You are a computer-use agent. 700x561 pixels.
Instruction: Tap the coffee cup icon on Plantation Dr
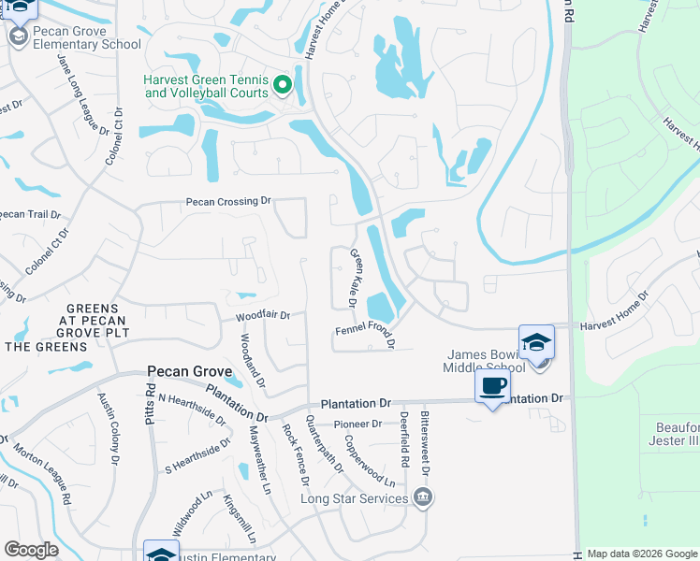point(493,385)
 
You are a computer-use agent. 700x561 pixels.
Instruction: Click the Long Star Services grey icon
point(423,496)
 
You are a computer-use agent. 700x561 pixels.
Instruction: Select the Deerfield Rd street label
point(404,439)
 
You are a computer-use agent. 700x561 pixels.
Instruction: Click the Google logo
point(30,549)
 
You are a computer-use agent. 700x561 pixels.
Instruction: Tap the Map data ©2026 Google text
point(642,554)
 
